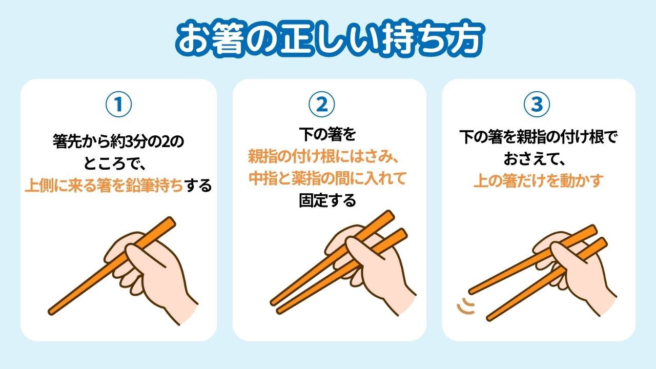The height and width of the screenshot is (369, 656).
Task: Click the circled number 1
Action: pyautogui.click(x=118, y=104)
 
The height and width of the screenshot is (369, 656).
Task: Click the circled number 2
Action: pyautogui.click(x=322, y=104)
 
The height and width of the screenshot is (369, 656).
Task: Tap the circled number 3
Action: pyautogui.click(x=537, y=104)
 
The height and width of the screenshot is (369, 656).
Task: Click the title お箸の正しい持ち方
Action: pyautogui.click(x=330, y=39)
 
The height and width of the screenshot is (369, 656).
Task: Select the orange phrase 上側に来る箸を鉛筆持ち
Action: pyautogui.click(x=104, y=186)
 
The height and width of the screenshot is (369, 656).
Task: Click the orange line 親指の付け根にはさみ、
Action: pyautogui.click(x=323, y=157)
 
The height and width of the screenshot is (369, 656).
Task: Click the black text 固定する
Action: pyautogui.click(x=327, y=200)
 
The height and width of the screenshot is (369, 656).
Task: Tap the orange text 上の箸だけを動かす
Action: pyautogui.click(x=539, y=180)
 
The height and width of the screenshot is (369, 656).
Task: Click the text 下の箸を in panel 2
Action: pyautogui.click(x=327, y=134)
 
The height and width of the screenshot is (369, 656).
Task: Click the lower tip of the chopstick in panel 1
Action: pyautogui.click(x=51, y=312)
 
